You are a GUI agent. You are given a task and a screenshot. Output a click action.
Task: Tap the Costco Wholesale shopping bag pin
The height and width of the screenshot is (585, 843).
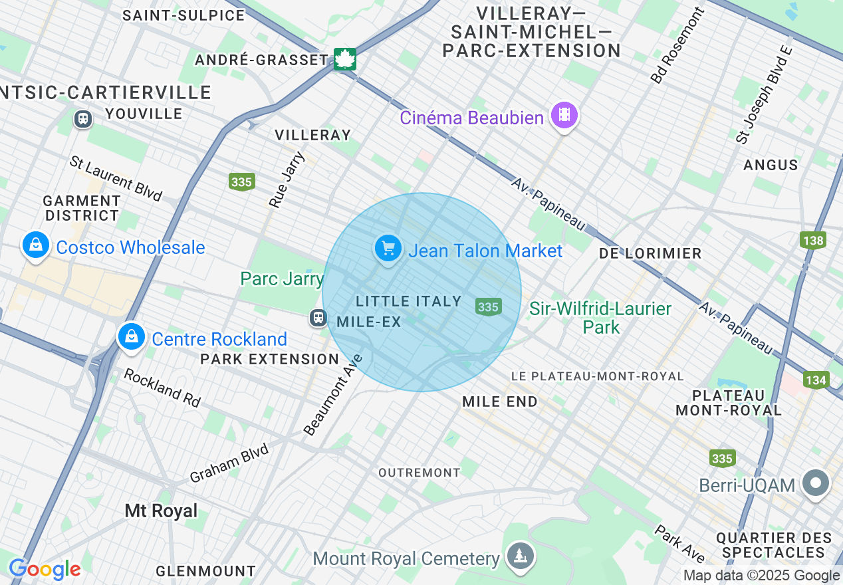pyautogui.click(x=36, y=246)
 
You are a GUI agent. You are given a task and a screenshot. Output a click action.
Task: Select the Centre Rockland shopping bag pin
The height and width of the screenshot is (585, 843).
pyautogui.click(x=132, y=337)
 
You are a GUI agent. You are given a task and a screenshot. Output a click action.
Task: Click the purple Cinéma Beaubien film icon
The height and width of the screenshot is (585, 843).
pyautogui.click(x=564, y=116)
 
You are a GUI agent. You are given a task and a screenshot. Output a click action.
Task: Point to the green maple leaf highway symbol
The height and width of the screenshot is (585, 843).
pyautogui.click(x=345, y=59)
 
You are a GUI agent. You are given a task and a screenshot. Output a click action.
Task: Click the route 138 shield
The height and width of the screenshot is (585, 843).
pyautogui.click(x=813, y=240)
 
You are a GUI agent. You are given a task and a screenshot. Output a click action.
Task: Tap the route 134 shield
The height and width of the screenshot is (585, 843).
pyautogui.click(x=815, y=380)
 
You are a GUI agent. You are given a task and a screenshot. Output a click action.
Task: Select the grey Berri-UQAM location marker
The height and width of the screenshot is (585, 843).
pyautogui.click(x=816, y=483)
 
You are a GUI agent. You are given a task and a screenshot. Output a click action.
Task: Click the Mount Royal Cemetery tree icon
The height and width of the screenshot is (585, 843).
pyautogui.click(x=517, y=557)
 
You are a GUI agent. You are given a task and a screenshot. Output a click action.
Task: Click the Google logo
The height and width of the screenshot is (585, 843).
pyautogui.click(x=45, y=569)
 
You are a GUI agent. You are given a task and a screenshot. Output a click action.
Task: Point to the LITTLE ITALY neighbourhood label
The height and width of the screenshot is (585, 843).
pyautogui.click(x=409, y=301)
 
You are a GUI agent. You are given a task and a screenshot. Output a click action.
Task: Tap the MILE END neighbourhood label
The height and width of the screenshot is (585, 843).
pyautogui.click(x=499, y=402)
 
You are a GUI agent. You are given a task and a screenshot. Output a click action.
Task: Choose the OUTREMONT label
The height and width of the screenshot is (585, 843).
pyautogui.click(x=419, y=473)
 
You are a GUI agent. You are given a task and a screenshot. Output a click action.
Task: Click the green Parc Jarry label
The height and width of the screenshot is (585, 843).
pyautogui.click(x=282, y=279)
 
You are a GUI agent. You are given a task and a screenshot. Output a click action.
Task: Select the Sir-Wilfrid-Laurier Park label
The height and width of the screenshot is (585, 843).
pyautogui.click(x=600, y=318)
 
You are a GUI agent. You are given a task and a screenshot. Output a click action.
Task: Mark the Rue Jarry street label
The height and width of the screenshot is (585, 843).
pyautogui.click(x=287, y=179)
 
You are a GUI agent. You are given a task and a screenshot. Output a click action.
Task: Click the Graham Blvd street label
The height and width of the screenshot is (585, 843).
pyautogui.click(x=229, y=463)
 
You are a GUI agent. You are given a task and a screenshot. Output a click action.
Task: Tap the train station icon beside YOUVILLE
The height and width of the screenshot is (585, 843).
pyautogui.click(x=83, y=119)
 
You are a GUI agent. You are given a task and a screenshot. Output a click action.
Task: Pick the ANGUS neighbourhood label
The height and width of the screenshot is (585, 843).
pyautogui.click(x=771, y=165)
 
